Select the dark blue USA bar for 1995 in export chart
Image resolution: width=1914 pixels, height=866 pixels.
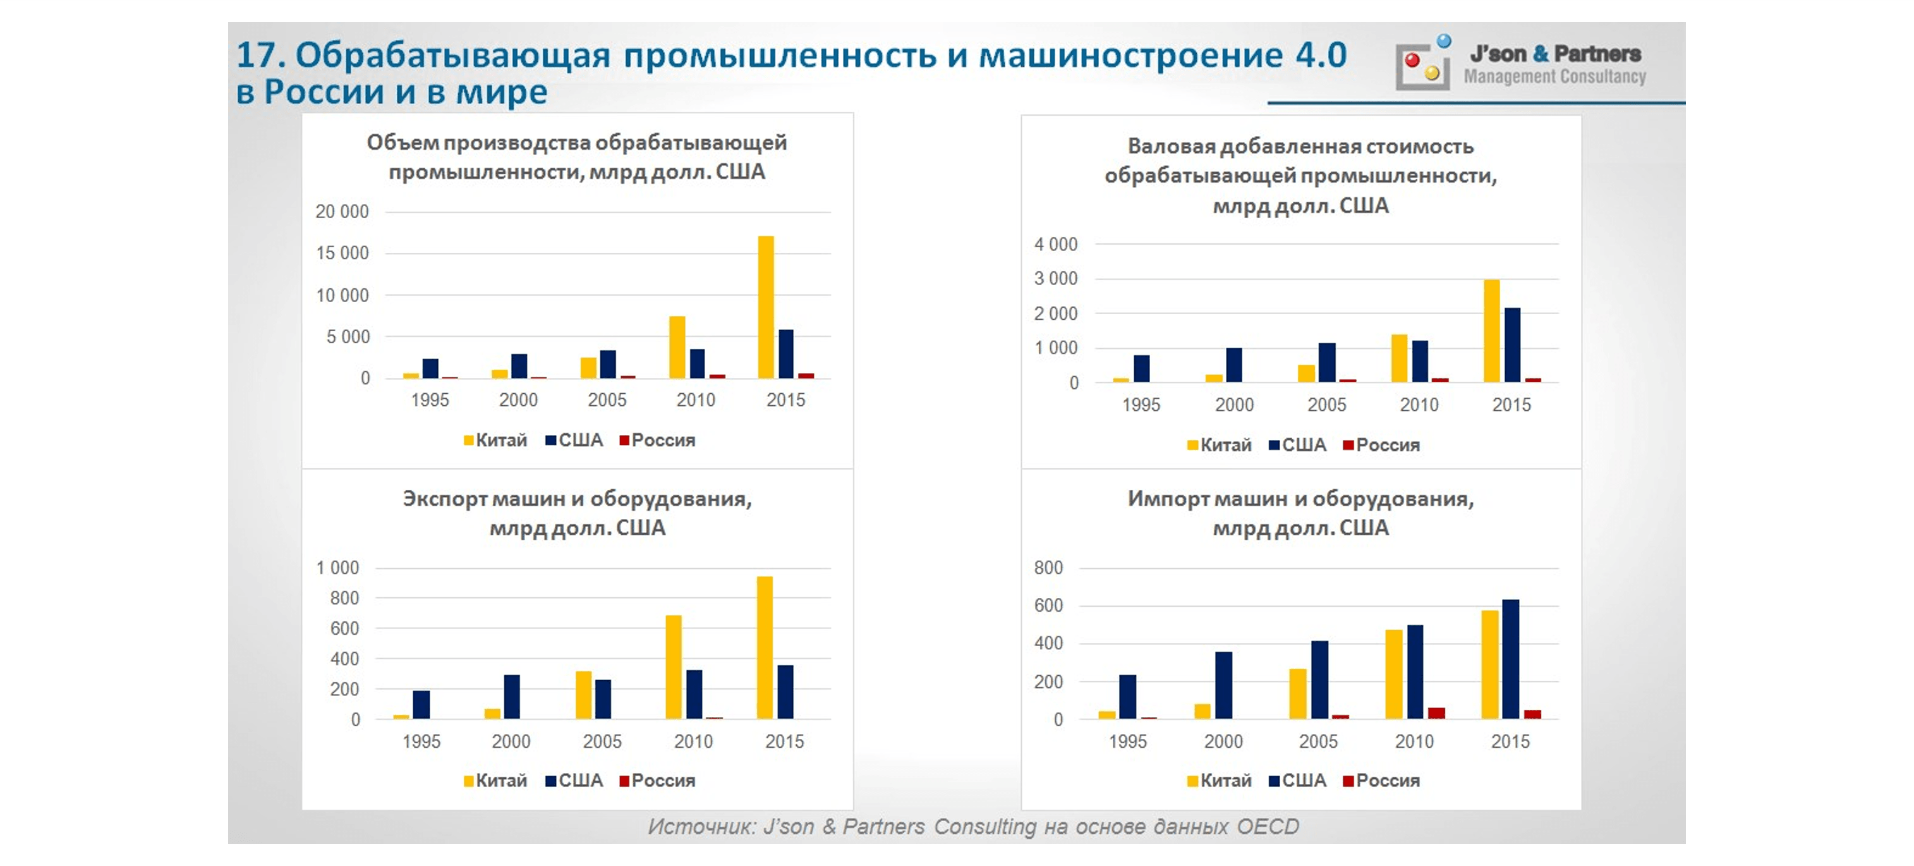pos(421,704)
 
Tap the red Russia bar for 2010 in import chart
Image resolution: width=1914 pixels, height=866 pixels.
pos(1436,713)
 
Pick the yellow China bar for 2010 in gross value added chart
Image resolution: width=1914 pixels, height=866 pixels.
pos(1399,358)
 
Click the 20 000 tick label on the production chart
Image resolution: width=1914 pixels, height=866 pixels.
pos(342,212)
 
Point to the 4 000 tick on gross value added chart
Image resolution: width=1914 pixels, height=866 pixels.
pos(1055,245)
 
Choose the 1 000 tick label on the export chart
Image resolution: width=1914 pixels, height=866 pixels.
pos(337,568)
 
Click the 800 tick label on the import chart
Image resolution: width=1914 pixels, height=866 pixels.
pos(1048,568)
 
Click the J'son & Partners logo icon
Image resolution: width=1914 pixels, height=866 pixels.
pos(1423,64)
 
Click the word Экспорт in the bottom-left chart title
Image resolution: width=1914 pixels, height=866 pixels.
pos(444,499)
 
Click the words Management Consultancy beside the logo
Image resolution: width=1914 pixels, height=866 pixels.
pos(1554,76)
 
